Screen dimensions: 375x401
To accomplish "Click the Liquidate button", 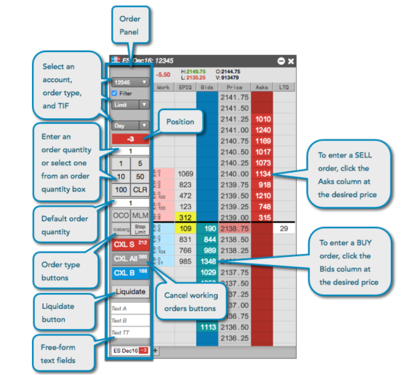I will click(x=130, y=292).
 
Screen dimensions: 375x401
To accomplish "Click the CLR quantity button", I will click(x=140, y=190).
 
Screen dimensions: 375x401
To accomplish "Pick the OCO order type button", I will click(x=120, y=216).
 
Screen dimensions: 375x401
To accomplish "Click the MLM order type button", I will click(x=140, y=216).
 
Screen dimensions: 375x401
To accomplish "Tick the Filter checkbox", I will click(x=115, y=93).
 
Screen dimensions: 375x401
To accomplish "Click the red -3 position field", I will click(x=130, y=138).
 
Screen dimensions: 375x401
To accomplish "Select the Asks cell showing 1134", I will click(x=263, y=173).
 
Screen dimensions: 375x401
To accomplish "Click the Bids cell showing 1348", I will click(x=208, y=261).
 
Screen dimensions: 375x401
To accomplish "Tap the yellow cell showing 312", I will click(x=185, y=218).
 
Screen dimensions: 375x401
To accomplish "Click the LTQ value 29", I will click(x=284, y=228).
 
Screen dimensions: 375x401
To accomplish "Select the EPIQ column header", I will click(x=185, y=87).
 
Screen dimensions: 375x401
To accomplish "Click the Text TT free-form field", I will click(x=130, y=332).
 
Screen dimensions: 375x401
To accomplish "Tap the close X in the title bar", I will click(x=291, y=61).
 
